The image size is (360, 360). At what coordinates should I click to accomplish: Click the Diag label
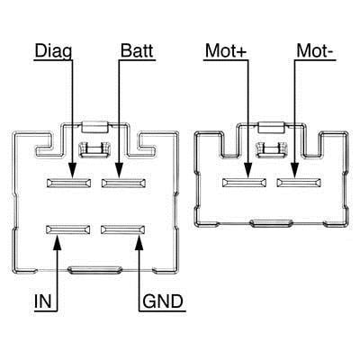[x=53, y=51]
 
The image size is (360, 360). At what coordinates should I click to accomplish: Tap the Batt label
[x=137, y=50]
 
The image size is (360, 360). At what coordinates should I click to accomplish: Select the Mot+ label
[x=226, y=50]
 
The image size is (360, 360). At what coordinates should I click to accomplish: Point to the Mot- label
[x=314, y=50]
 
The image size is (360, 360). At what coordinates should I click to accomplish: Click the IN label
[x=43, y=301]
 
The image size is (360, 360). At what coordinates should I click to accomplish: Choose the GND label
[x=163, y=301]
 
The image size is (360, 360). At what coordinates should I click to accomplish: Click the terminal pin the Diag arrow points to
[x=69, y=183]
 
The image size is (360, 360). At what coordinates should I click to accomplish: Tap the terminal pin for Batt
[x=123, y=183]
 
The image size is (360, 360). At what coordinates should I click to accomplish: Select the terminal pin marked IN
[x=68, y=229]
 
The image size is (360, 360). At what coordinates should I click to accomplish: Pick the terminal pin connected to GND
[x=123, y=229]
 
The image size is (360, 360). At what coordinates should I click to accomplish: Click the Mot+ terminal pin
[x=244, y=183]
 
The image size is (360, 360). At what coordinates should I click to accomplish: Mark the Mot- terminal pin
[x=299, y=183]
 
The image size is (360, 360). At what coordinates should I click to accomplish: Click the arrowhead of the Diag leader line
[x=72, y=170]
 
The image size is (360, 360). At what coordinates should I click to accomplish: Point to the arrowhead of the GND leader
[x=139, y=241]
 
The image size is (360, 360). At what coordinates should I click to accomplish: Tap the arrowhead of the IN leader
[x=57, y=241]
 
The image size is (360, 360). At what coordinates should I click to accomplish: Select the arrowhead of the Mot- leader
[x=294, y=170]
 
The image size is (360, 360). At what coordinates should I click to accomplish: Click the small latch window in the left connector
[x=94, y=149]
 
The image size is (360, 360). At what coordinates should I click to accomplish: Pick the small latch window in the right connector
[x=271, y=149]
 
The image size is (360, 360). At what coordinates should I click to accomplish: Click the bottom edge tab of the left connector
[x=94, y=270]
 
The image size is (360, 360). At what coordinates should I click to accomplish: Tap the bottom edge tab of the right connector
[x=272, y=223]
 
